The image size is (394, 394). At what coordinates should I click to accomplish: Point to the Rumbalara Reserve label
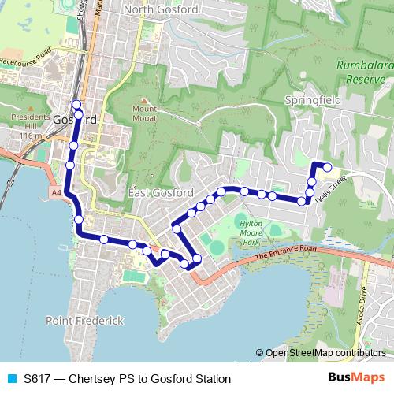pos(364,72)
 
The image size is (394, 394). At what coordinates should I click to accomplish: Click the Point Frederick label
pos(84,321)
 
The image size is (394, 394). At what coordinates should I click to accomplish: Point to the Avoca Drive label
pos(362,298)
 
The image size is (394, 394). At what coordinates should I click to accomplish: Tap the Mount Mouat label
pos(146,113)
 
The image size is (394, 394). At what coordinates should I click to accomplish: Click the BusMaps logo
pos(356,378)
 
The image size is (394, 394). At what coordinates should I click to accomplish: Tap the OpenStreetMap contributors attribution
pos(320,353)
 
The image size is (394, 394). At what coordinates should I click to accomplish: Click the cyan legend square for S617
pos(10,379)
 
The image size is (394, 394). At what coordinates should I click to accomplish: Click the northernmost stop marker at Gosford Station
pos(76,105)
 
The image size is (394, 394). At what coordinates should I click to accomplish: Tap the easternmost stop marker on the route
pos(327,165)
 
